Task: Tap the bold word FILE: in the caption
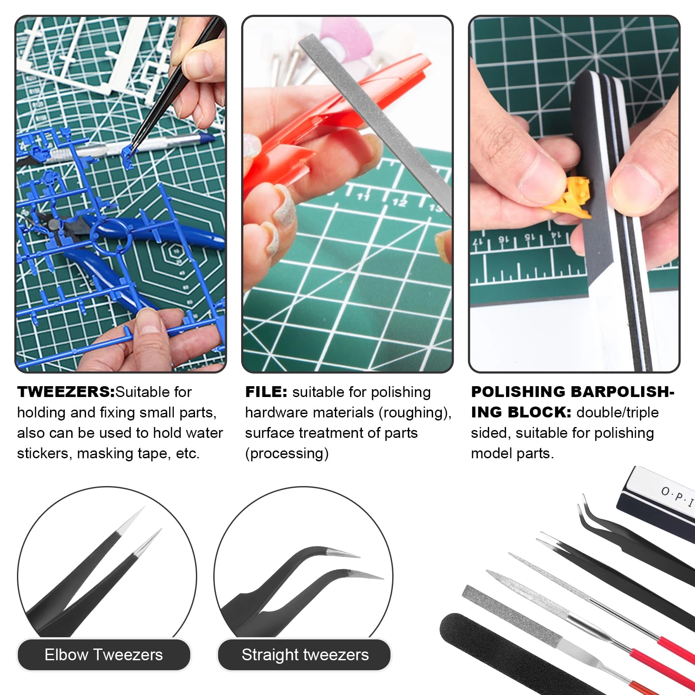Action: [x=266, y=392]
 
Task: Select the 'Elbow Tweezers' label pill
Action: [x=103, y=655]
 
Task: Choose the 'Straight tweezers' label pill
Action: [x=305, y=655]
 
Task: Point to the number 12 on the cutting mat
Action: [x=400, y=202]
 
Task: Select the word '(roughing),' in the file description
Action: [x=415, y=413]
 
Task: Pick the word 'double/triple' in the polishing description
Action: [x=617, y=413]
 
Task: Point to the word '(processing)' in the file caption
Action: [x=287, y=453]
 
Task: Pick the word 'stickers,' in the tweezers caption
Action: [x=43, y=453]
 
